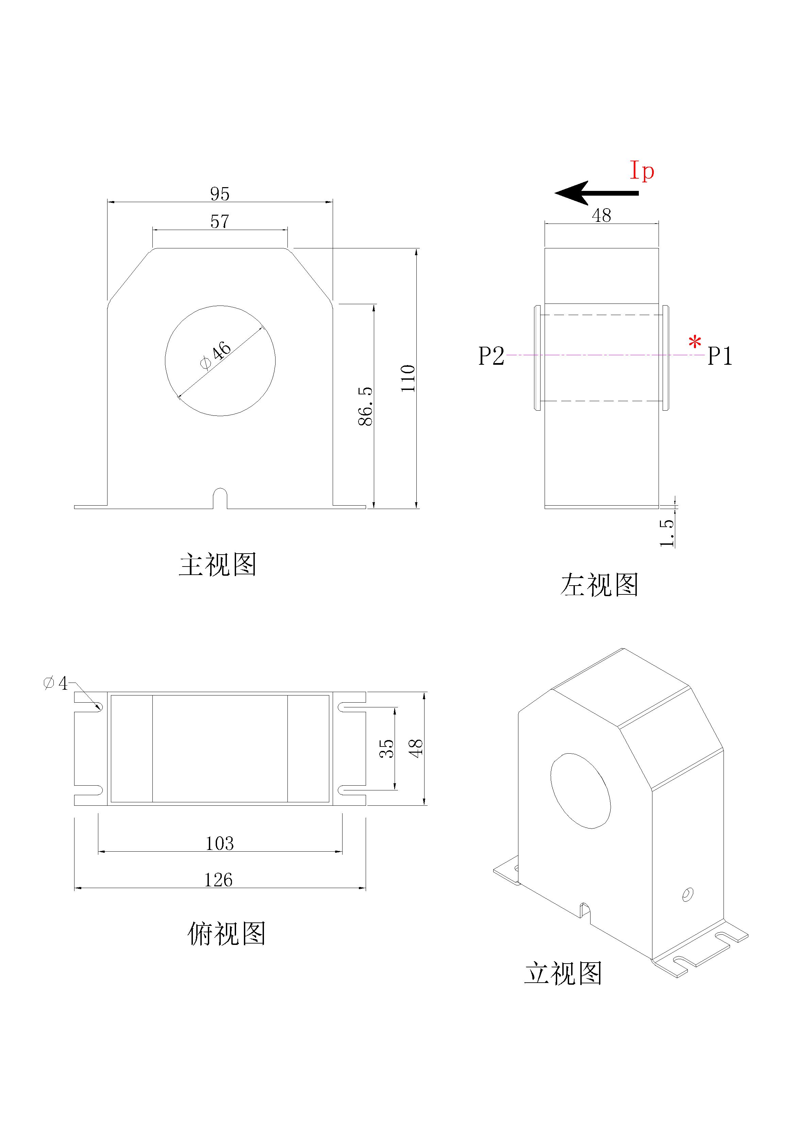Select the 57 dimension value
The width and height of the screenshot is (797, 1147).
point(220,221)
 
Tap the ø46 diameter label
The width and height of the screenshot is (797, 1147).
point(216,356)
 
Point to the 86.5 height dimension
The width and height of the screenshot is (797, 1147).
point(366,405)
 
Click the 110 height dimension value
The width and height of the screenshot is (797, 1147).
point(409,378)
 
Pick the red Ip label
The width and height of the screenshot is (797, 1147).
point(642,171)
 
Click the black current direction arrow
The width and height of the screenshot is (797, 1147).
point(596,193)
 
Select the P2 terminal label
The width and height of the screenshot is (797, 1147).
point(492,356)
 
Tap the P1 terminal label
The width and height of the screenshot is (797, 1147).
point(719,356)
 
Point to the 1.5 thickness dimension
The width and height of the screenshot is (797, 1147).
point(667,532)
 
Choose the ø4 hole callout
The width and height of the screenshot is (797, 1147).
point(55,683)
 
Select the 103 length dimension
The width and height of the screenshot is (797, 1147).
point(220,843)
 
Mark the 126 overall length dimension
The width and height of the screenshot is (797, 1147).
point(219,880)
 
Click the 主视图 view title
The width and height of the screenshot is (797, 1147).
point(218,564)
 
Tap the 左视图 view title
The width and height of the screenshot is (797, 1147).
point(599,585)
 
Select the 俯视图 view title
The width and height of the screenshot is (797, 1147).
point(226,933)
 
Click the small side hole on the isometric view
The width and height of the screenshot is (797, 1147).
point(687,894)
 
